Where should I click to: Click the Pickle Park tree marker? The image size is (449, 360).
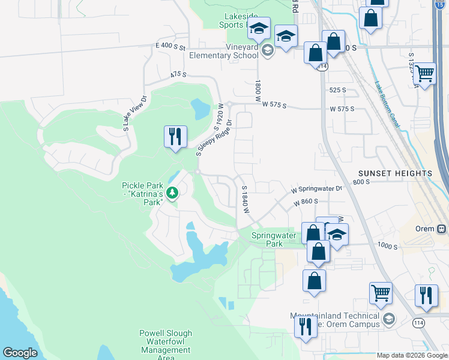[x=172, y=193]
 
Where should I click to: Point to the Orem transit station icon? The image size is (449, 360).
[x=442, y=229]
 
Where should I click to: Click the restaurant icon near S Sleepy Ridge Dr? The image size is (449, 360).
[x=175, y=136]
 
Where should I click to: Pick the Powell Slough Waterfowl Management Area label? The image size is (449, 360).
[x=165, y=346]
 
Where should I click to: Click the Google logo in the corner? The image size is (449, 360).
[x=20, y=353]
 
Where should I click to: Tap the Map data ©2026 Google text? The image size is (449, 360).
[x=412, y=355]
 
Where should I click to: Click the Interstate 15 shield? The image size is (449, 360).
[x=441, y=4]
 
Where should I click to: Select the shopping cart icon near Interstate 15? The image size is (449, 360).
[x=424, y=74]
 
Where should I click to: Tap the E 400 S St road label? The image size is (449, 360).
[x=171, y=46]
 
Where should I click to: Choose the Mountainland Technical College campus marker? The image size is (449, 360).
[x=389, y=318]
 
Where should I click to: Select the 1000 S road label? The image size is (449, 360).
[x=388, y=245]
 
